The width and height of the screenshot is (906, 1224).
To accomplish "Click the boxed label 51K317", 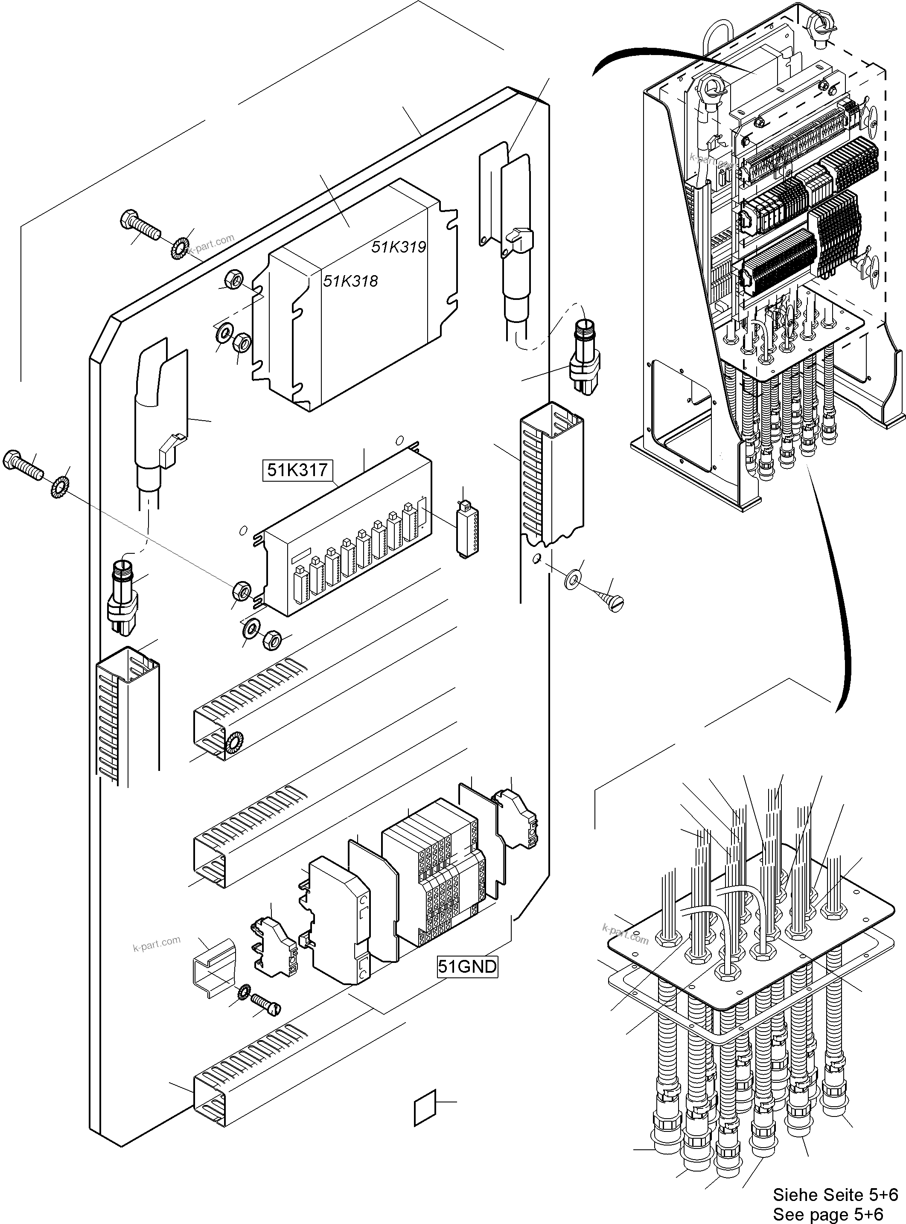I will coord(297,470).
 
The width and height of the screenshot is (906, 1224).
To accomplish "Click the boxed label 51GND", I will coord(467,966).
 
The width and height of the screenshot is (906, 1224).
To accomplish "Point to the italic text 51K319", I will coord(399,247).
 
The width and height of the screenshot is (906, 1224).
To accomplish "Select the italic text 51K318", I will coord(350,281).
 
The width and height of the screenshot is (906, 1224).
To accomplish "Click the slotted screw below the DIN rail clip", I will coord(266,1004).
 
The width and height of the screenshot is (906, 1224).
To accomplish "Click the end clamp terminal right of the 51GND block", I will coord(517,818).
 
